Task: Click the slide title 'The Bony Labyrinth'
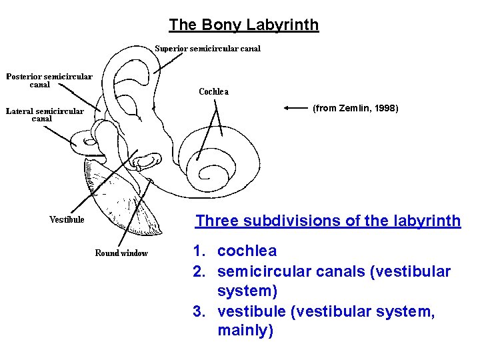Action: click(243, 25)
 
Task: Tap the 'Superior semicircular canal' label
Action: click(207, 48)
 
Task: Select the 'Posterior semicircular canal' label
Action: click(49, 80)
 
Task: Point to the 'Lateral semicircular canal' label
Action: click(45, 115)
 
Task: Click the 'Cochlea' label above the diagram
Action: click(213, 92)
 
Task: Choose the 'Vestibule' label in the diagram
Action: click(67, 219)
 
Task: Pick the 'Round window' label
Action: click(121, 253)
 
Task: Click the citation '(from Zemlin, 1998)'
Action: click(355, 107)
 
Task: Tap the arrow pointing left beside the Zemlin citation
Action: click(295, 107)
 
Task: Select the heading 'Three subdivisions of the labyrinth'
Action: click(328, 221)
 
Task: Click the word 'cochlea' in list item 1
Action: click(247, 251)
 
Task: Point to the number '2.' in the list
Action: click(199, 271)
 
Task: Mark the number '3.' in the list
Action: click(199, 311)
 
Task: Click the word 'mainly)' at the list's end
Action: click(245, 331)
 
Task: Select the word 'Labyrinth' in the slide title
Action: click(283, 25)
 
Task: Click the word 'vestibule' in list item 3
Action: click(249, 311)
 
